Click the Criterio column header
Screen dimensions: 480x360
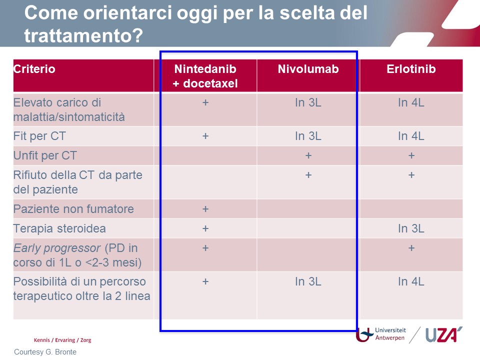click(34, 69)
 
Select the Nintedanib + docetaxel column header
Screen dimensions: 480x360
click(205, 76)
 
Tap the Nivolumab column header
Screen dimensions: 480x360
click(308, 69)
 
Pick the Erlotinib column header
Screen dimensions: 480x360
click(411, 69)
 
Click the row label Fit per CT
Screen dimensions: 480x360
click(39, 136)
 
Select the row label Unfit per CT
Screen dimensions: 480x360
click(45, 155)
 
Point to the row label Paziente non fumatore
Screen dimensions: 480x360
click(74, 209)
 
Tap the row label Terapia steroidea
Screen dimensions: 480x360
click(59, 228)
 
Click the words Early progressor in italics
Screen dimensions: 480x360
click(57, 248)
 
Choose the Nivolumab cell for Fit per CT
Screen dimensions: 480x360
click(308, 136)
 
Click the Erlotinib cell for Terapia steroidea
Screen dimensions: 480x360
click(411, 228)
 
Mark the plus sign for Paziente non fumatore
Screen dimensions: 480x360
click(205, 209)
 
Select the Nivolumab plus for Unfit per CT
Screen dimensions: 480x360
click(308, 155)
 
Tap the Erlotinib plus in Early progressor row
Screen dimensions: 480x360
click(411, 248)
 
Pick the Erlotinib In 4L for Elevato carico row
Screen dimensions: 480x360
click(411, 102)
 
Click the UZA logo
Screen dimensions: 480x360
click(444, 334)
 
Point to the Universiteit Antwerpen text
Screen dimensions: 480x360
click(390, 334)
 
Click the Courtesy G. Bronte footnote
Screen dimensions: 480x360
click(45, 352)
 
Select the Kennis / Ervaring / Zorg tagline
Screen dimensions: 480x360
click(62, 340)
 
